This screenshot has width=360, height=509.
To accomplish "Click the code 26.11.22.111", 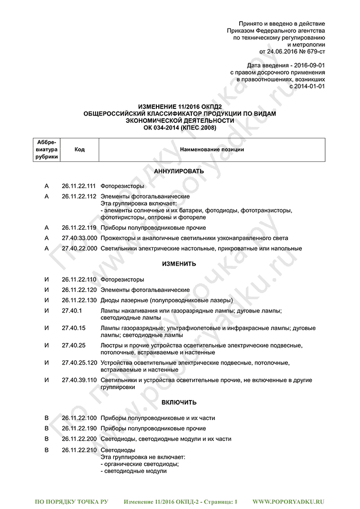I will [x=79, y=186].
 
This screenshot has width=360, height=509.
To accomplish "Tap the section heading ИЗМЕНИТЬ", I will [x=179, y=264].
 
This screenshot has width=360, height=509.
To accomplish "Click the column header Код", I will [x=79, y=150].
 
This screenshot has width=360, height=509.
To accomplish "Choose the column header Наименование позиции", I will [x=212, y=150].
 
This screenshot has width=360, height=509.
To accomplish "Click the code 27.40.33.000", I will [x=79, y=238].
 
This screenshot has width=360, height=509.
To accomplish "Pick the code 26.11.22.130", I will [x=79, y=300].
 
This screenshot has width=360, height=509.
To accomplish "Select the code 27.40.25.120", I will [x=79, y=363].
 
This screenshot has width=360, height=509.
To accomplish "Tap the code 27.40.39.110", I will [x=79, y=380].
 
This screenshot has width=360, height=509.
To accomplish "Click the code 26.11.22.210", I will [x=79, y=450].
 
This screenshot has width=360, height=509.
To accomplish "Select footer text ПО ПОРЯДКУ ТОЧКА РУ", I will [x=71, y=501].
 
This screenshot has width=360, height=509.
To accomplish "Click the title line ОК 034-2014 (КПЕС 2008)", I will [x=179, y=128].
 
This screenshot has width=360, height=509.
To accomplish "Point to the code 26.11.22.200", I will [x=79, y=439].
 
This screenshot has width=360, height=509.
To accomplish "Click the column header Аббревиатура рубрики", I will [x=47, y=150].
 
